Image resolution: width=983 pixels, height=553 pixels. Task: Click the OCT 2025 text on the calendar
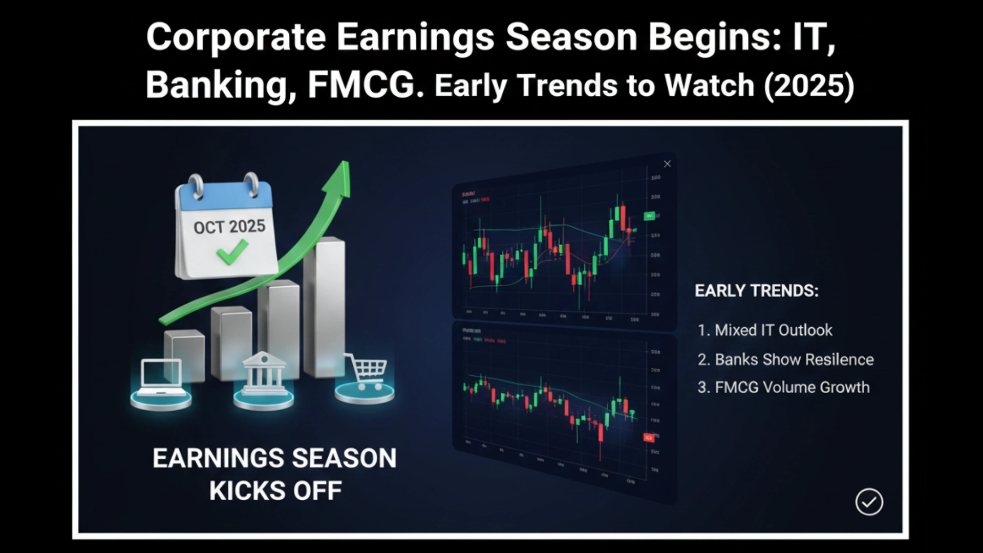pyautogui.click(x=229, y=226)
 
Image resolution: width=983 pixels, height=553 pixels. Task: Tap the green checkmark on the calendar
pyautogui.click(x=231, y=252)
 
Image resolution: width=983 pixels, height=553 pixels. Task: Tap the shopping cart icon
pyautogui.click(x=367, y=371)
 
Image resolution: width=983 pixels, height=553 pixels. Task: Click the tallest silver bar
pyautogui.click(x=325, y=307)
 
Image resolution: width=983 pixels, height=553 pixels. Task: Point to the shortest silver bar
pyautogui.click(x=184, y=353)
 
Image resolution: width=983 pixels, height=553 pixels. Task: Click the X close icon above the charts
pyautogui.click(x=667, y=164)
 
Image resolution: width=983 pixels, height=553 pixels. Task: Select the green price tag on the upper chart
pyautogui.click(x=649, y=216)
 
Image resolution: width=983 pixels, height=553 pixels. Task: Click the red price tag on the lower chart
pyautogui.click(x=649, y=438)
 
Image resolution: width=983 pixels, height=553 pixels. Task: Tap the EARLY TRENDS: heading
pyautogui.click(x=756, y=291)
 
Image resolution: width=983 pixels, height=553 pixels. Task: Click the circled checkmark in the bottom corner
pyautogui.click(x=869, y=502)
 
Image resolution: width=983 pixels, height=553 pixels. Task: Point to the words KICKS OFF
pyautogui.click(x=275, y=491)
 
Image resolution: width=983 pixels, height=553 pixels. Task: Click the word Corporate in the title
pyautogui.click(x=236, y=37)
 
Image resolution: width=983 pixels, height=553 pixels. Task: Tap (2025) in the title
pyautogui.click(x=809, y=85)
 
